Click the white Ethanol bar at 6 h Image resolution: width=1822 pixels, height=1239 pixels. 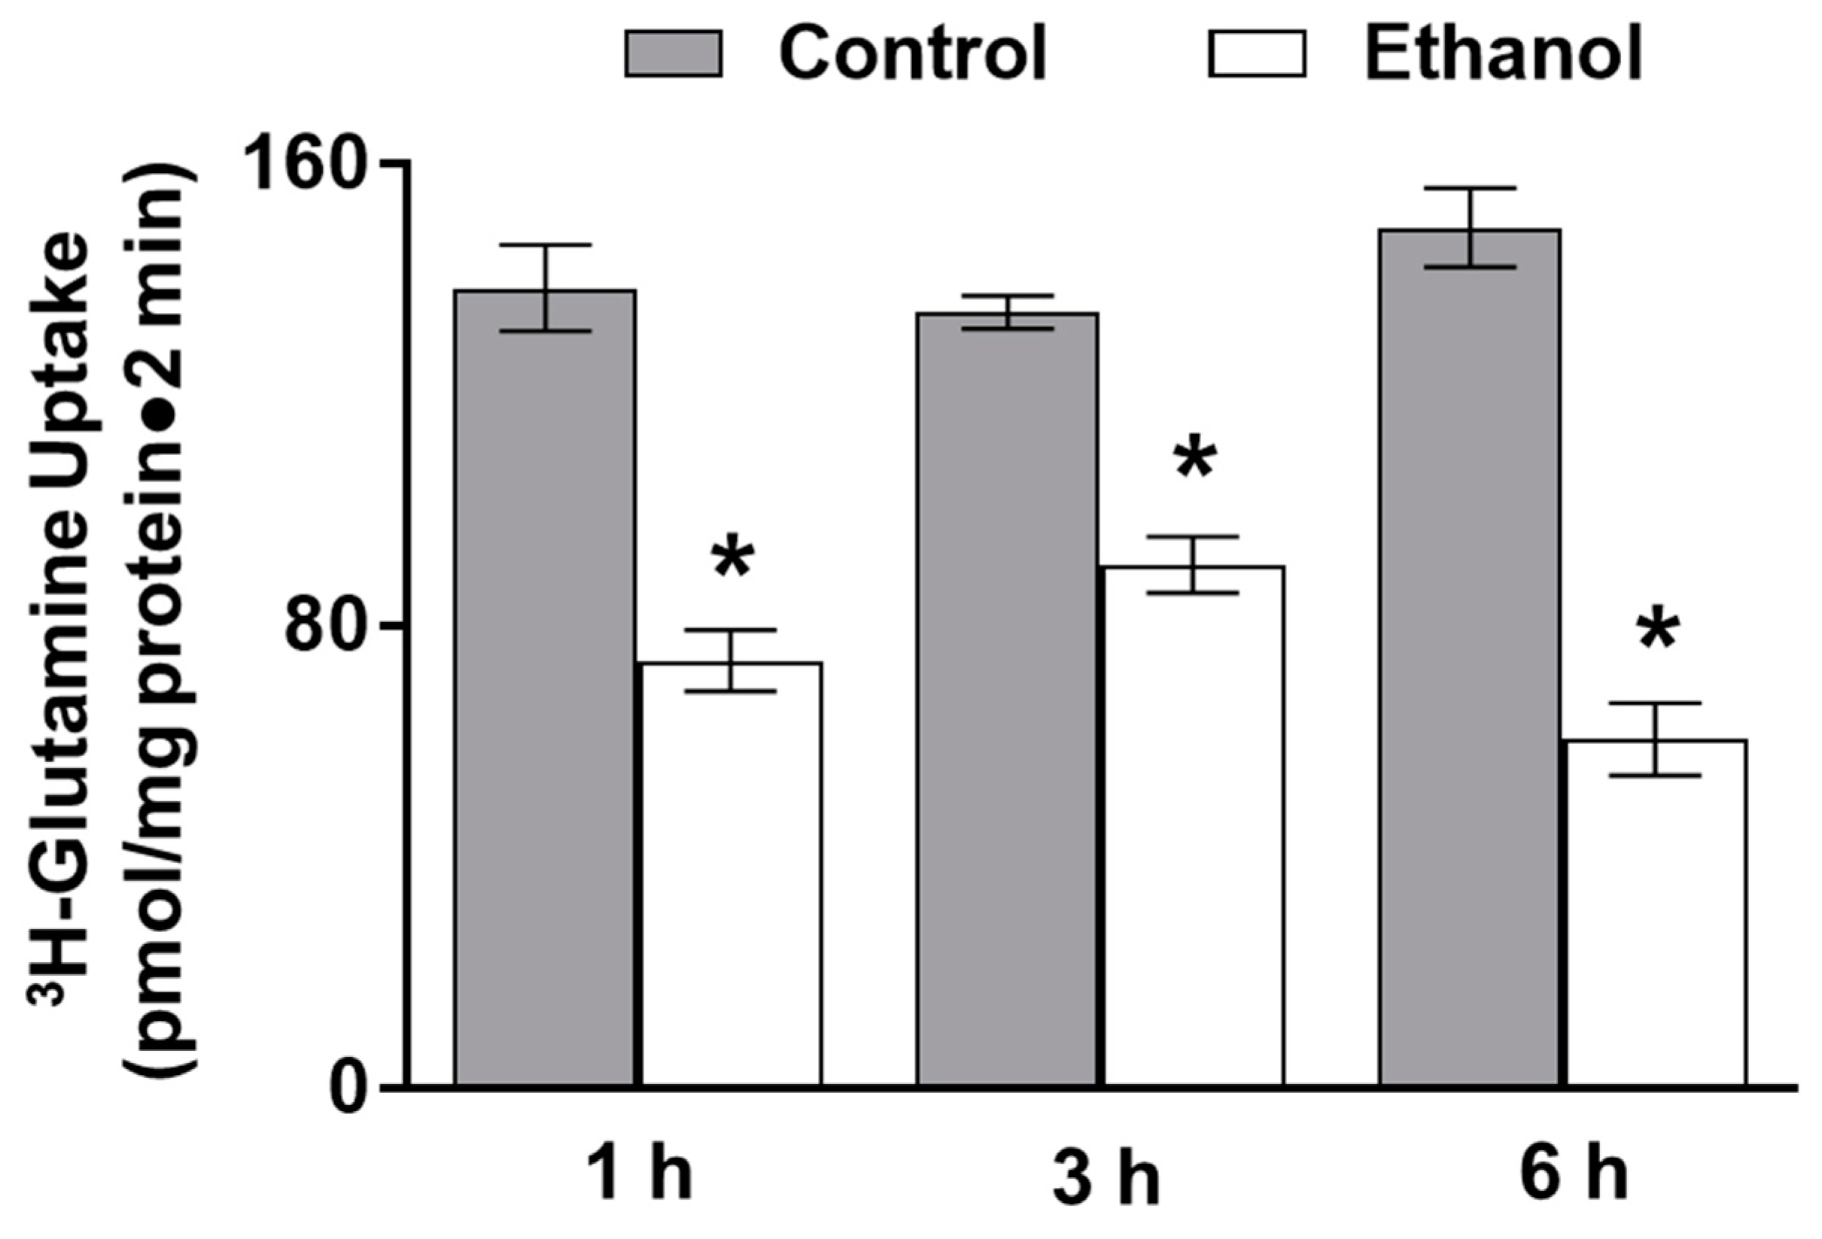(x=1657, y=913)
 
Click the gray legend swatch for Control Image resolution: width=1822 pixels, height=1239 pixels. (x=674, y=53)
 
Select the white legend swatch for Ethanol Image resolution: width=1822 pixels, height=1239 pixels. (x=1257, y=53)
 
